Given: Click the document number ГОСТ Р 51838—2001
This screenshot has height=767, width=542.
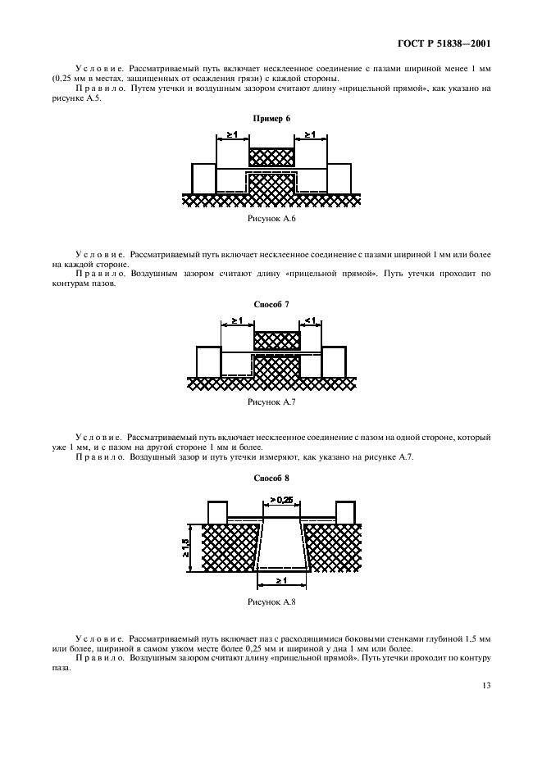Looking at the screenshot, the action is [444, 44].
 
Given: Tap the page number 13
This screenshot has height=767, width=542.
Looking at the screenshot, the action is [486, 685].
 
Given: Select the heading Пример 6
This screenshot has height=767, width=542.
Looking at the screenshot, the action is [271, 119].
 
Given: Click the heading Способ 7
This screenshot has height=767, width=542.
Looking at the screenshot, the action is [271, 304].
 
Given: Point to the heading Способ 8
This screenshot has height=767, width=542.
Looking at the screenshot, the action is [271, 478].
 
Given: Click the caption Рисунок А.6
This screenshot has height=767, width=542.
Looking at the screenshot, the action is [271, 219].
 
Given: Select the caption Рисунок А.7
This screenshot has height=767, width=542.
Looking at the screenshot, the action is [271, 402].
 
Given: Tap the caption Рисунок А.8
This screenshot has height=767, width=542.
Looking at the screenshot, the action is [271, 601].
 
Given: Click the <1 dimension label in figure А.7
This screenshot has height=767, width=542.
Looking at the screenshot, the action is [310, 320].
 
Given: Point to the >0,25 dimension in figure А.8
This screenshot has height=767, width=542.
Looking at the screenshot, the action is [281, 500].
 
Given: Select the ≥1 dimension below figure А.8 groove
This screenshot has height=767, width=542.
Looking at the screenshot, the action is [281, 580].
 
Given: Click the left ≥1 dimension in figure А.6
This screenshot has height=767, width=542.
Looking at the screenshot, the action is [232, 134].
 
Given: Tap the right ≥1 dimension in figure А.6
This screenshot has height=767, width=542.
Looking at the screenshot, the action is [310, 134].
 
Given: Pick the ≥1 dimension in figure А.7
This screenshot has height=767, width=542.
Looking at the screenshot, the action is [238, 320].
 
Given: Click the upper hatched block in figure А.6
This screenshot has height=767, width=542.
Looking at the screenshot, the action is [271, 158].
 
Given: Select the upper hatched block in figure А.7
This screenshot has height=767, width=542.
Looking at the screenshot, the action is [276, 340].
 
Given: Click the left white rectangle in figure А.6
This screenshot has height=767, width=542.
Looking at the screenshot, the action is [203, 179].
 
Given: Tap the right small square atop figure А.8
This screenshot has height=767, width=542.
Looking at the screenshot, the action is [345, 512].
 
